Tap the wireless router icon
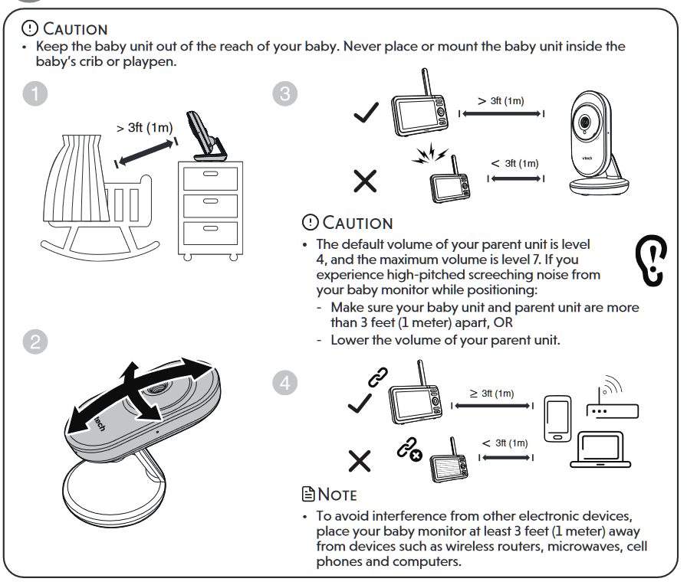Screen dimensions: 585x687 click(x=611, y=404)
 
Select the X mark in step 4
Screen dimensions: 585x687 click(x=360, y=460)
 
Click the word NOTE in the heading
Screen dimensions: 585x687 click(x=333, y=495)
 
